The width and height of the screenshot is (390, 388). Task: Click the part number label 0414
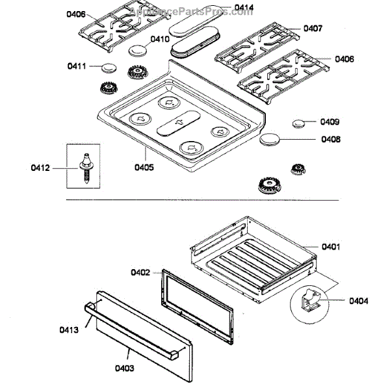(244, 8)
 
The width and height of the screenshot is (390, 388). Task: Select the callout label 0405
(144, 167)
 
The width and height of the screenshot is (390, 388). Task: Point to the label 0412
(40, 169)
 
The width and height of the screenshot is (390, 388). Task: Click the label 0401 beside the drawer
(331, 247)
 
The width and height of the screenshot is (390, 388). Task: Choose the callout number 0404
(357, 301)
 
